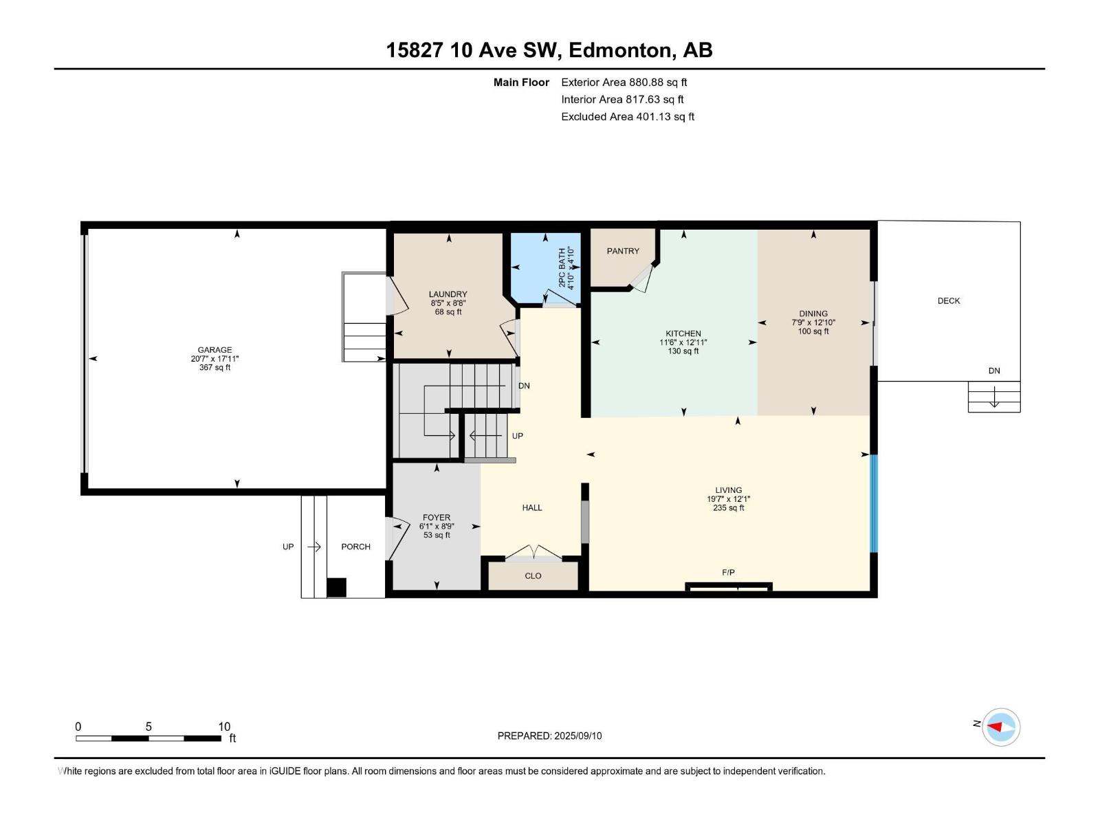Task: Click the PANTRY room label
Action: tap(623, 251)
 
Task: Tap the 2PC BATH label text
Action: tap(562, 268)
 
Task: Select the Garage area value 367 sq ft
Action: tap(214, 368)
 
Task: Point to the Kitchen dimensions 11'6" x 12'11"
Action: tap(683, 342)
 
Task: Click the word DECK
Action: tap(949, 301)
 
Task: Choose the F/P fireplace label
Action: tap(728, 573)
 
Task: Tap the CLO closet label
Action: tap(533, 576)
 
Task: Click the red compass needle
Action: tap(994, 726)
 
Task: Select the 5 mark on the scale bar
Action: tap(148, 726)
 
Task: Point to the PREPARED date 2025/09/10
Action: tap(577, 736)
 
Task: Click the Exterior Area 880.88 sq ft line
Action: tap(624, 82)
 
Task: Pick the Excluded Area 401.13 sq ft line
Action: tap(628, 117)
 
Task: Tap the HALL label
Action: tap(531, 508)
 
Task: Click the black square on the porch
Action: tap(336, 588)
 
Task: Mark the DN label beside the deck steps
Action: tap(994, 371)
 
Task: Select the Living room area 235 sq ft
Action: tap(728, 508)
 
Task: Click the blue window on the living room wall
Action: tap(874, 503)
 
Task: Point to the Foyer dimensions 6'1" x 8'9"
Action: tap(437, 527)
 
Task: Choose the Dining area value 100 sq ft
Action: tap(813, 331)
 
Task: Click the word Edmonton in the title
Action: tap(620, 50)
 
